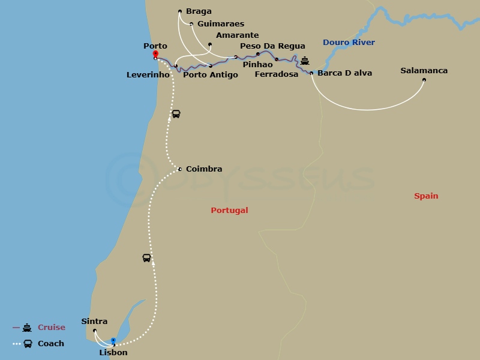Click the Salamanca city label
[424, 71]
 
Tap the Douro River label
[349, 43]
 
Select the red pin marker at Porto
[155, 54]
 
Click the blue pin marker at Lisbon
[113, 341]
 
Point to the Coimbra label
[204, 169]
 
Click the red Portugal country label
[229, 211]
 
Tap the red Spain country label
[426, 196]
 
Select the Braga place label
[199, 11]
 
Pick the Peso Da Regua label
[272, 46]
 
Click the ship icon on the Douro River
[305, 61]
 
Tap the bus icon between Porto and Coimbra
[176, 114]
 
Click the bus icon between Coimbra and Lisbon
[146, 258]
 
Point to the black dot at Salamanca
[424, 80]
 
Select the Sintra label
[94, 322]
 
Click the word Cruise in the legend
[51, 328]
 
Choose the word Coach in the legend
[51, 344]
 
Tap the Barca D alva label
[344, 73]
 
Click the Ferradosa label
[276, 74]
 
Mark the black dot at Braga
[180, 11]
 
